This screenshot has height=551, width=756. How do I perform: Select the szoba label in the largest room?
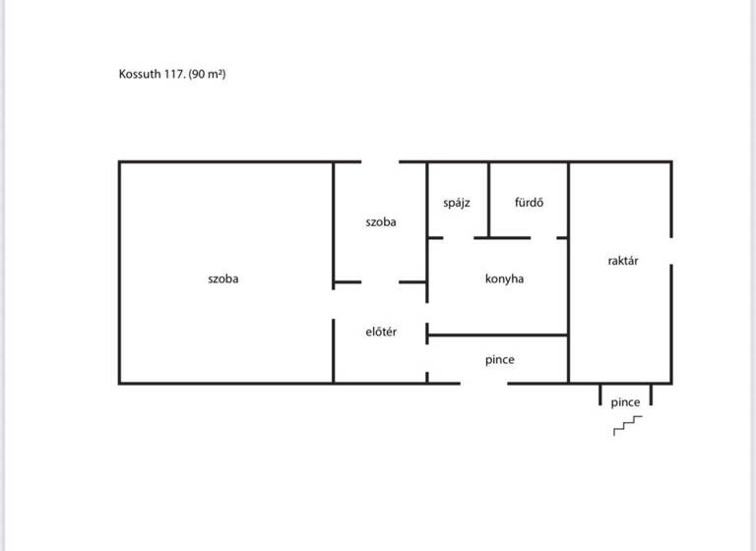(223, 278)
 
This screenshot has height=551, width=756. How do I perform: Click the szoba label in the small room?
(381, 222)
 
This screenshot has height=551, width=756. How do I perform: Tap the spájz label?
(457, 203)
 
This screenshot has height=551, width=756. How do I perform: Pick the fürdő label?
(529, 203)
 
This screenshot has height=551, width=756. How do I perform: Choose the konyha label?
(504, 278)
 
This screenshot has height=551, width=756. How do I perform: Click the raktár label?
(623, 261)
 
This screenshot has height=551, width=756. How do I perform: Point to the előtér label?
(381, 332)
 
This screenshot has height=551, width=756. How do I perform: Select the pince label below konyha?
(499, 360)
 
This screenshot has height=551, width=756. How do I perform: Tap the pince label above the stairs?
(625, 402)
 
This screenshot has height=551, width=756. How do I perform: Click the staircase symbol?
(628, 425)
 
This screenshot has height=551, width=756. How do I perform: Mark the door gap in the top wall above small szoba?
(380, 162)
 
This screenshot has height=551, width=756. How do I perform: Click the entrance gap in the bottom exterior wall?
(483, 383)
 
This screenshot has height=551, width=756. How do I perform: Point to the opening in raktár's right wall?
(671, 250)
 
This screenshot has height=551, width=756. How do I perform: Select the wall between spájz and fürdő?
(488, 200)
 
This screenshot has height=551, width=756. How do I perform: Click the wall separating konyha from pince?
(497, 336)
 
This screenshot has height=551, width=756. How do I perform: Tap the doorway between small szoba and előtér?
(380, 283)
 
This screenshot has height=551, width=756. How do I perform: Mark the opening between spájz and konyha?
(459, 237)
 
